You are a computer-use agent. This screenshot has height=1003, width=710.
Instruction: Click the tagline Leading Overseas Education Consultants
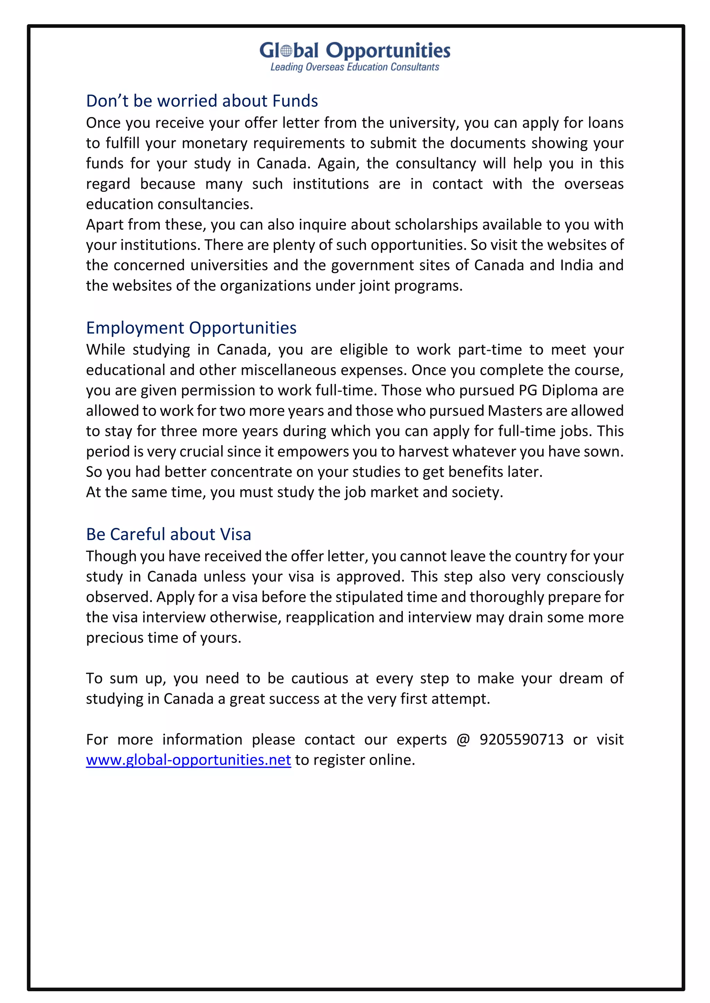[355, 67]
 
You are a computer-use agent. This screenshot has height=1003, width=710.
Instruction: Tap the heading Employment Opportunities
[191, 328]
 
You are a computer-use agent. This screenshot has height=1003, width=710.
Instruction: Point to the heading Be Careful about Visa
[168, 534]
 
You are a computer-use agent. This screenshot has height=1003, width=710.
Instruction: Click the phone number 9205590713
[521, 739]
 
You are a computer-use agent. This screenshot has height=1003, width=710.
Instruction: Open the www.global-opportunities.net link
[189, 760]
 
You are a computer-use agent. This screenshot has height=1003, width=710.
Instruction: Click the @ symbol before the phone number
[463, 739]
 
